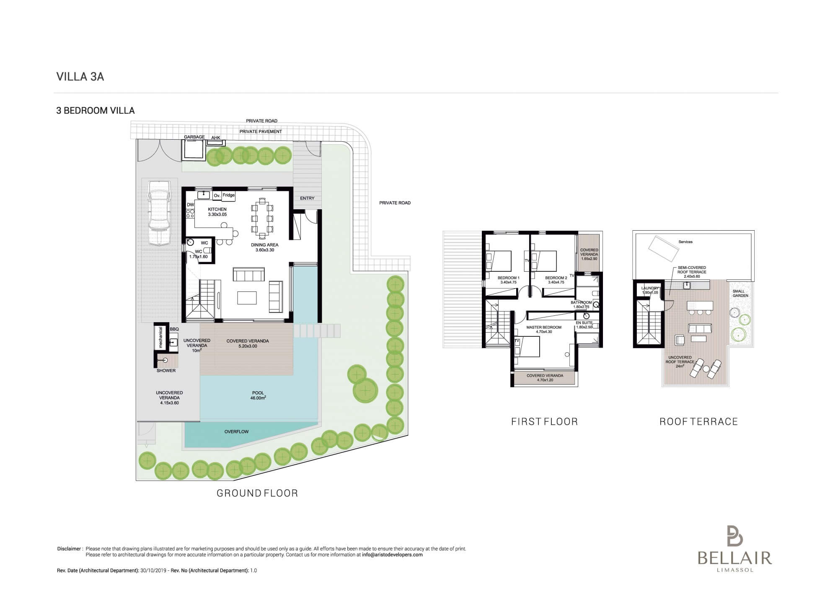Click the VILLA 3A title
click(x=80, y=77)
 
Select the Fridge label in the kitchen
click(x=229, y=195)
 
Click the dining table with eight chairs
click(x=262, y=217)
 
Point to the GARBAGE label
click(x=194, y=137)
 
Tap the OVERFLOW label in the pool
click(x=236, y=432)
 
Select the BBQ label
click(x=174, y=329)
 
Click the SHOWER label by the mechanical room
click(x=166, y=371)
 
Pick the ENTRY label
click(x=307, y=198)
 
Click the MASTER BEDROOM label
click(x=544, y=328)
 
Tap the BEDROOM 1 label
click(x=508, y=278)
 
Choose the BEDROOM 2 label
click(x=556, y=278)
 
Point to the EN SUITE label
click(x=584, y=323)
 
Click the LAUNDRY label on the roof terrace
click(x=650, y=289)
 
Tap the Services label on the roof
click(x=685, y=242)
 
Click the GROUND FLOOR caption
click(x=257, y=493)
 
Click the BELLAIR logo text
click(x=735, y=558)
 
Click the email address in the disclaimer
click(x=392, y=554)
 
